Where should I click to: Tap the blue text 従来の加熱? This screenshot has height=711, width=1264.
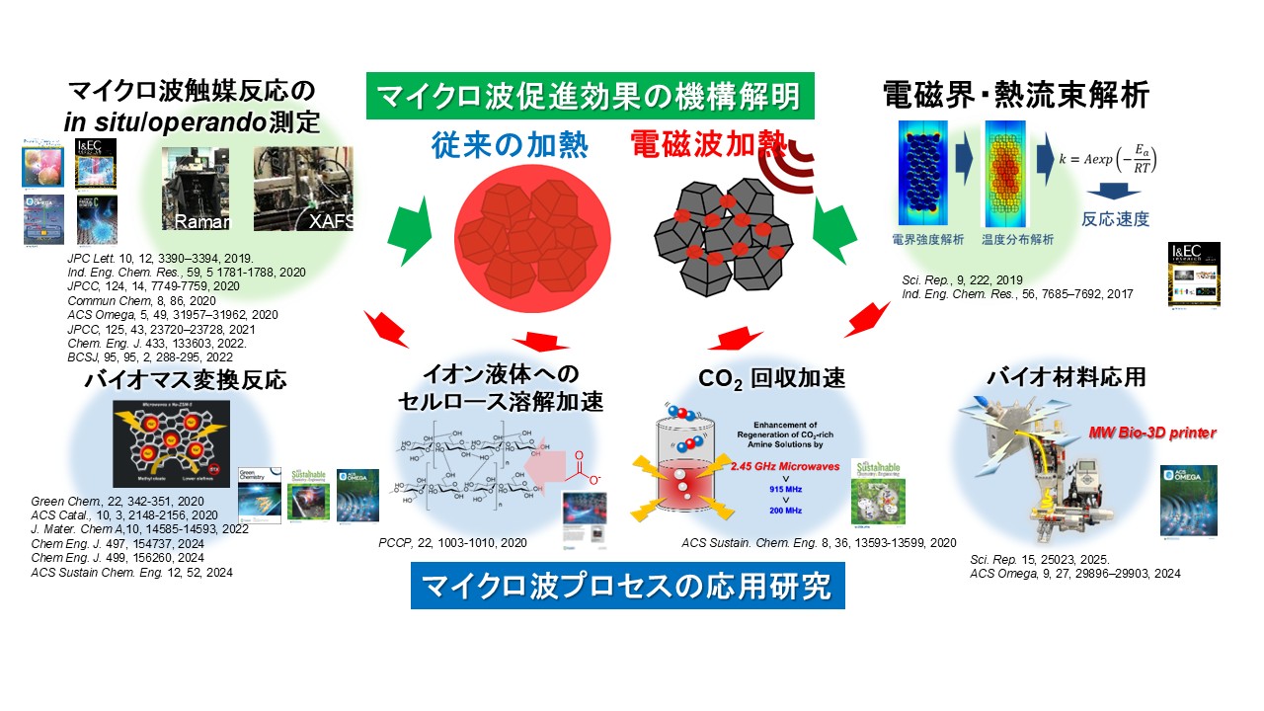(510, 146)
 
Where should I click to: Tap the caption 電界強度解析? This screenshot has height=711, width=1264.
(923, 239)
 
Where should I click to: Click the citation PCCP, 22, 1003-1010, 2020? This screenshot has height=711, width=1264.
(452, 542)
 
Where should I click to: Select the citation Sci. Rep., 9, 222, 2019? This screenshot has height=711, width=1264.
(937, 279)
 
